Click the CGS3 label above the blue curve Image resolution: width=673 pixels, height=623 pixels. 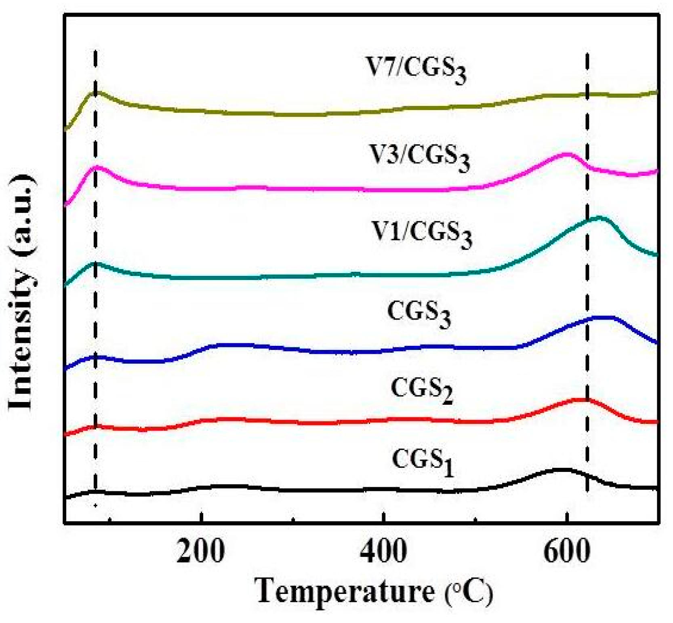tap(419, 314)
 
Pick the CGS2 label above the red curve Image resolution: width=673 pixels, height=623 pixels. tap(421, 389)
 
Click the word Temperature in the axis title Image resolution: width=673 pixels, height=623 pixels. tap(345, 592)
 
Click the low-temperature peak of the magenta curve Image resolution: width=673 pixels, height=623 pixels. tap(96, 166)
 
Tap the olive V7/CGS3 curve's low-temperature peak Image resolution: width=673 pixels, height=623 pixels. tap(96, 93)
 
